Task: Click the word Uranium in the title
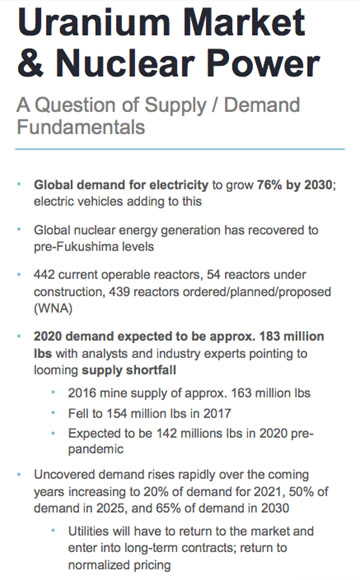(93, 24)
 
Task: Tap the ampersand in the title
(34, 66)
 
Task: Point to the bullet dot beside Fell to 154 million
(54, 413)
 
